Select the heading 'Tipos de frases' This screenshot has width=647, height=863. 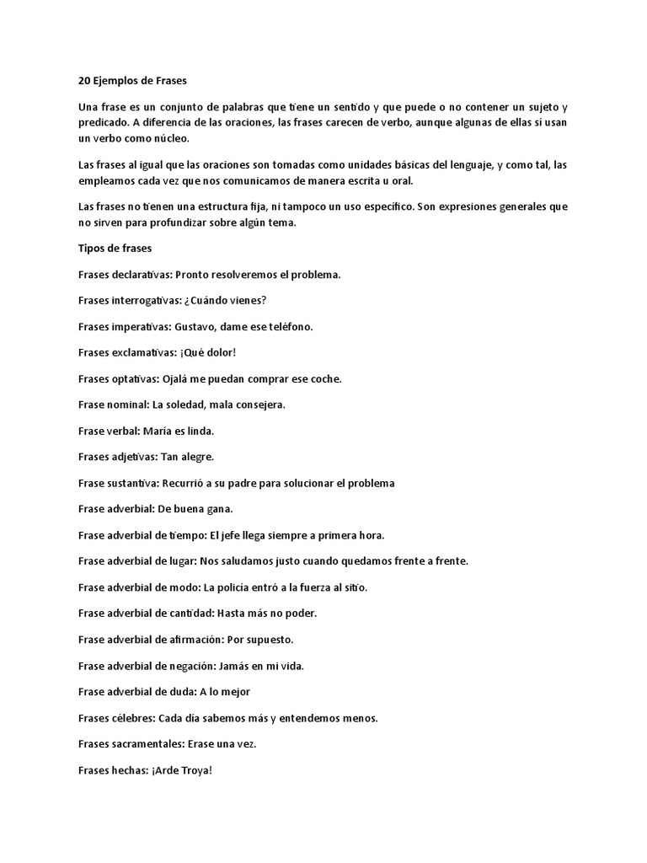point(114,249)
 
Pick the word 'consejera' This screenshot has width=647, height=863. point(260,405)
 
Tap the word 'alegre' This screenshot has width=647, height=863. point(197,458)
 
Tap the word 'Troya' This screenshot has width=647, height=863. point(196,770)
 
